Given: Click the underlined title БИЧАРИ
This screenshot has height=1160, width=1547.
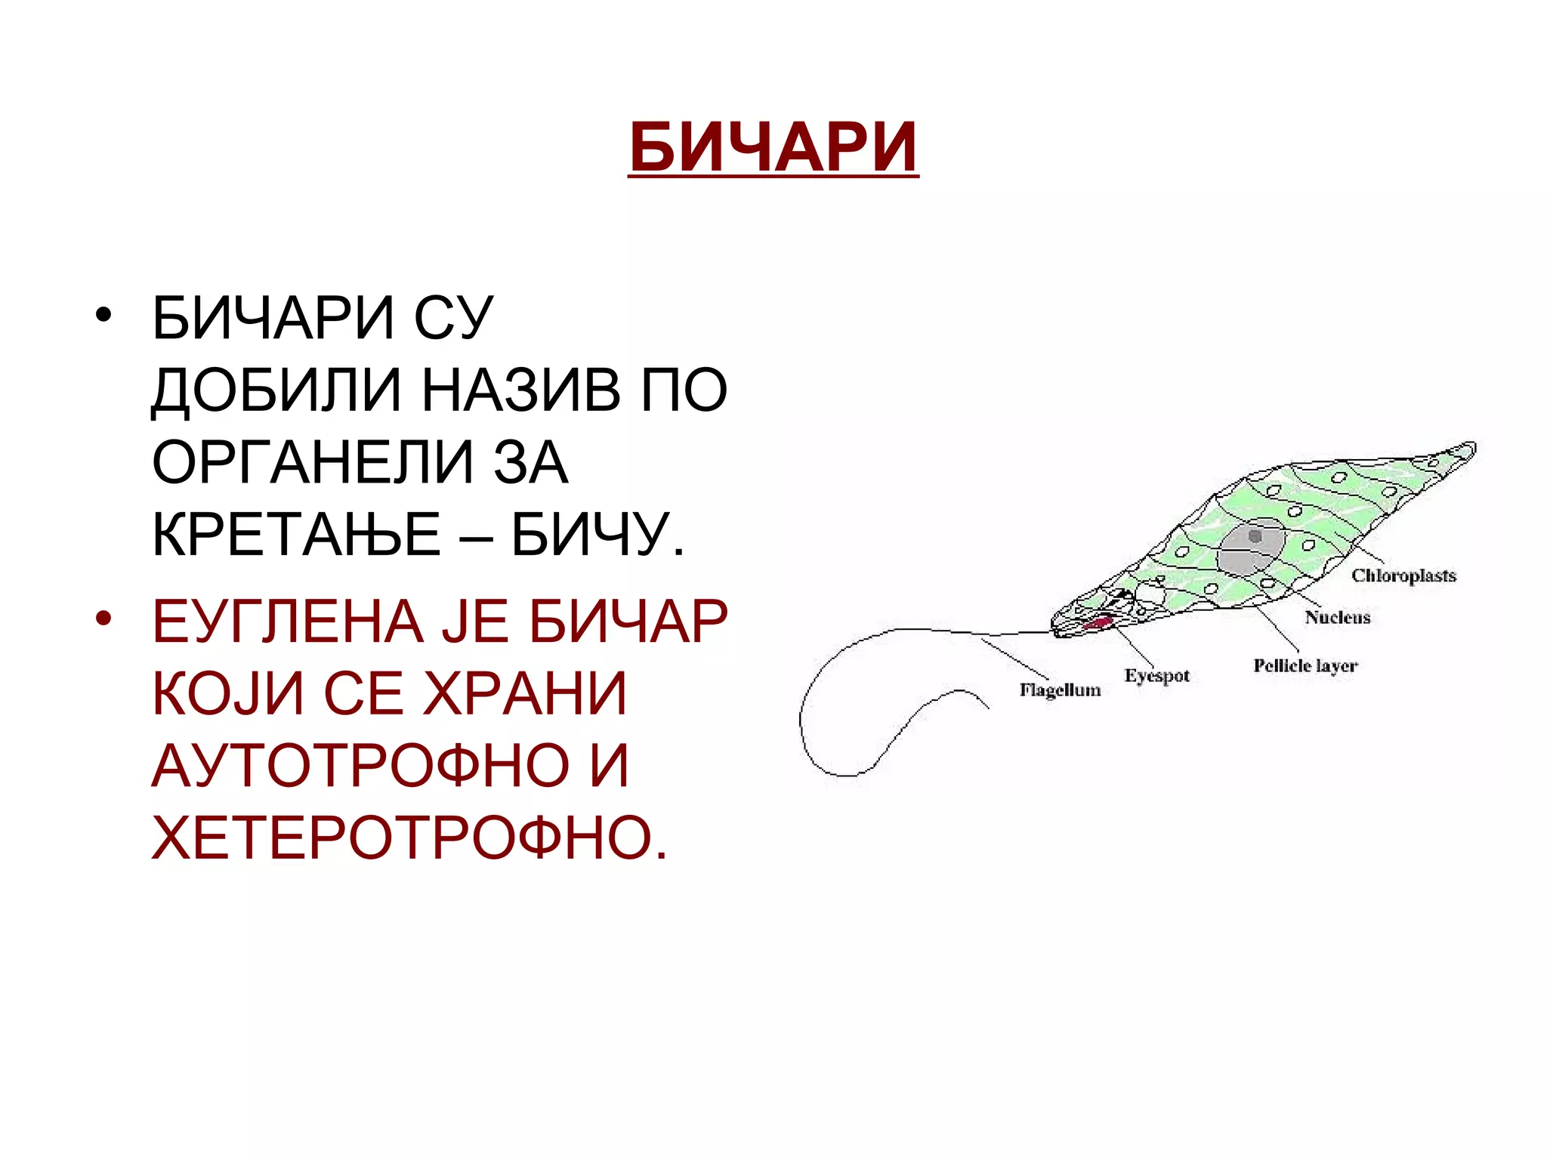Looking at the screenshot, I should click(773, 147).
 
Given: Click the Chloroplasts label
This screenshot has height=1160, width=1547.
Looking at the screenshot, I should click(1403, 576).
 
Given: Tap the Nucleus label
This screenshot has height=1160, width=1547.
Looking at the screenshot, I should click(1337, 618).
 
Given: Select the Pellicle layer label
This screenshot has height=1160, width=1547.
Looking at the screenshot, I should click(1305, 666).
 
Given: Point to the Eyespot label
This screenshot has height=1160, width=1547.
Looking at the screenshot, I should click(1156, 676).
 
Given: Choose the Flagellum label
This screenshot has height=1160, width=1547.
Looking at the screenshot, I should click(1060, 690).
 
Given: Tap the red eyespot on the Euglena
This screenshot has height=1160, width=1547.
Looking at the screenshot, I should click(1097, 624).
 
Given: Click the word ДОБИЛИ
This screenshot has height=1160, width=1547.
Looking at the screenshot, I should click(276, 390).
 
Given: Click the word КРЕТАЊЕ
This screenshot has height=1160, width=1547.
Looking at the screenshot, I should click(296, 534).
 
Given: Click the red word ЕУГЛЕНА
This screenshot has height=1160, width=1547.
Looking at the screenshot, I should click(287, 622).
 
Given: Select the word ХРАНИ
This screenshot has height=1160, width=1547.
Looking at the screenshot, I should click(525, 693).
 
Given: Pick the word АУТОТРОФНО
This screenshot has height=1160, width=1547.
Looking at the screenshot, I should click(361, 766).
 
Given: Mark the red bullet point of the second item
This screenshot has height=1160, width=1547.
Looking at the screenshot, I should click(103, 619).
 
